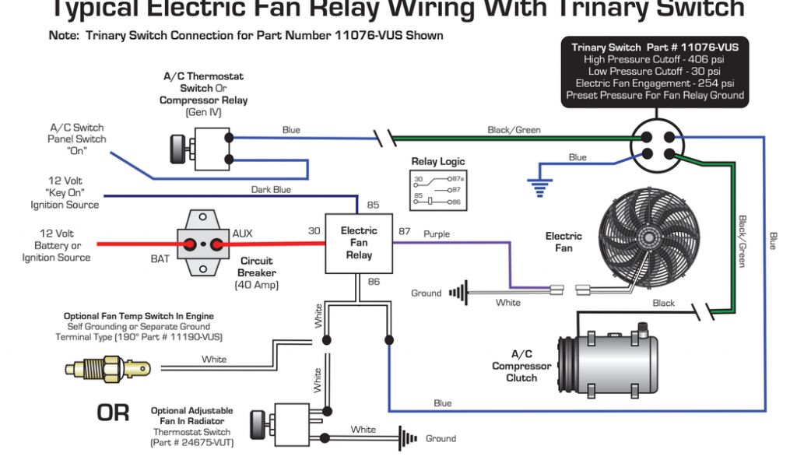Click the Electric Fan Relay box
pyautogui.click(x=358, y=243)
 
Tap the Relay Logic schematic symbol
pyautogui.click(x=437, y=191)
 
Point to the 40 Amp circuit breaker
pyautogui.click(x=204, y=243)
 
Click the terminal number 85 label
pyautogui.click(x=373, y=205)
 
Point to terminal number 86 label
pyautogui.click(x=374, y=282)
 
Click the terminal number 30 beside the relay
pyautogui.click(x=314, y=230)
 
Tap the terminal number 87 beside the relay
pyautogui.click(x=405, y=231)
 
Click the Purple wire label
pyautogui.click(x=437, y=233)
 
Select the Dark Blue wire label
pyautogui.click(x=271, y=189)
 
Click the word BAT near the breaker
pyautogui.click(x=160, y=258)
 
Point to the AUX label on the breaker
pyautogui.click(x=242, y=233)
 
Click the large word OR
pyautogui.click(x=113, y=413)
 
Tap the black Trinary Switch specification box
pyautogui.click(x=655, y=72)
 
